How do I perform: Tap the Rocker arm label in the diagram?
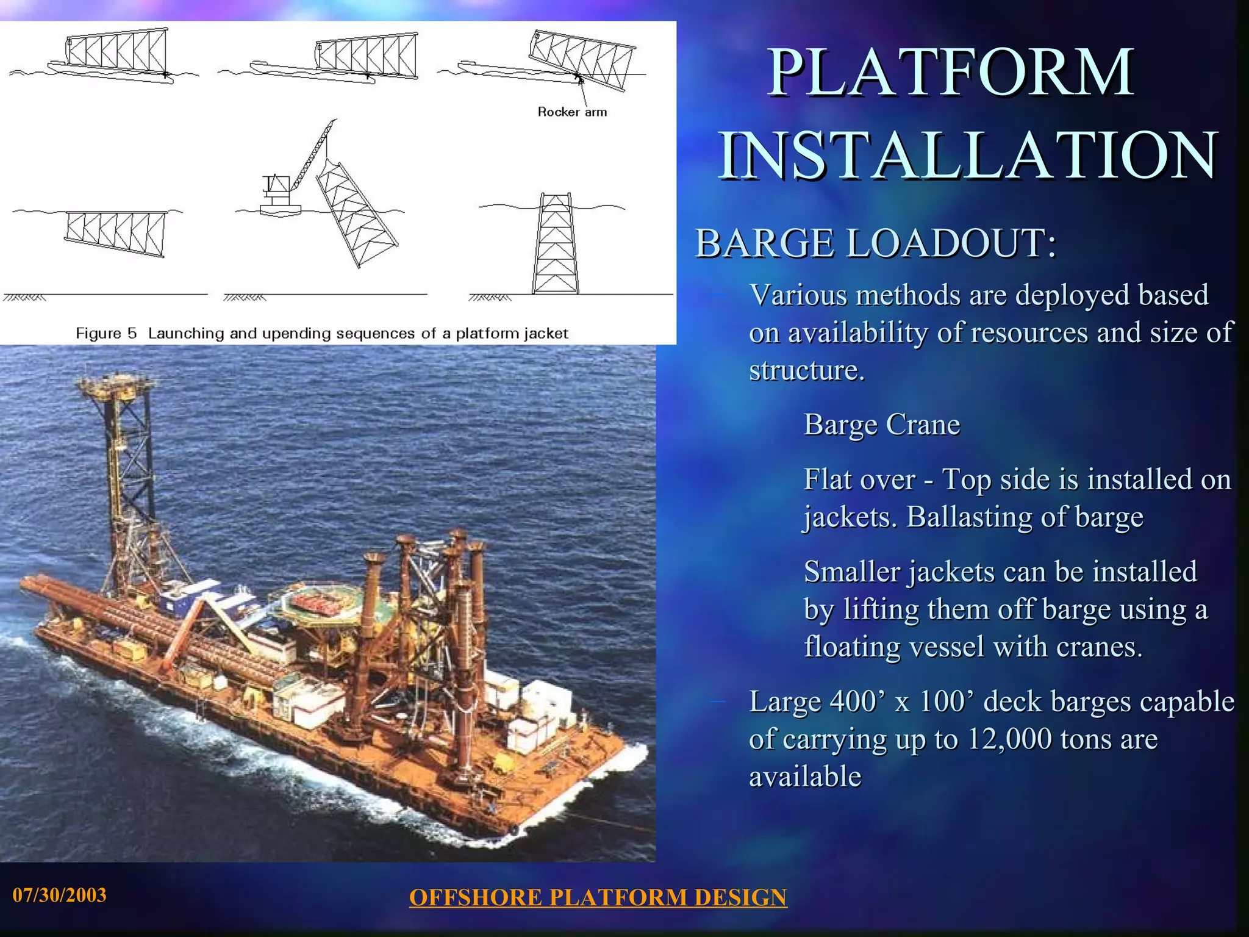(x=572, y=112)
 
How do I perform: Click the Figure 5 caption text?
(x=321, y=334)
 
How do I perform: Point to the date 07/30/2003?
(x=59, y=895)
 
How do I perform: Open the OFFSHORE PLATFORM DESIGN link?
(x=598, y=897)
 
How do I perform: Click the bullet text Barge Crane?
(x=882, y=425)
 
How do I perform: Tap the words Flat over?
(x=859, y=479)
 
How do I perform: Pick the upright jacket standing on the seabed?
(x=556, y=244)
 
